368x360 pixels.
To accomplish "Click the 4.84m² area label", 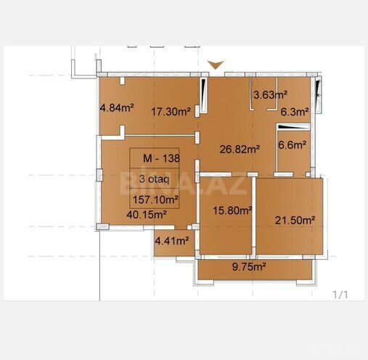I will (116, 109).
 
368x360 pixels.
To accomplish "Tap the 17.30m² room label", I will (171, 112).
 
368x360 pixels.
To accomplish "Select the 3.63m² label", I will (270, 94).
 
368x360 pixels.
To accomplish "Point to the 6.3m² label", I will (295, 112).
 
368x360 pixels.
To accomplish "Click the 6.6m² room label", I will (293, 144).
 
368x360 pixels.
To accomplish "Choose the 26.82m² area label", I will (240, 150).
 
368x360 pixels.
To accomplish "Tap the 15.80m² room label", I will (232, 210).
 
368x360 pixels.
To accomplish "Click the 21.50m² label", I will (294, 220).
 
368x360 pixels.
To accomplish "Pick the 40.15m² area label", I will (147, 215).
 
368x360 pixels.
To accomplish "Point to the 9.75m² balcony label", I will (249, 267).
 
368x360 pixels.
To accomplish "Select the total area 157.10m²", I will (156, 200).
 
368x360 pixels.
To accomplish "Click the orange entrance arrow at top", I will (215, 66).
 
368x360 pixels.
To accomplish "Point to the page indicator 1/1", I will (340, 295).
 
